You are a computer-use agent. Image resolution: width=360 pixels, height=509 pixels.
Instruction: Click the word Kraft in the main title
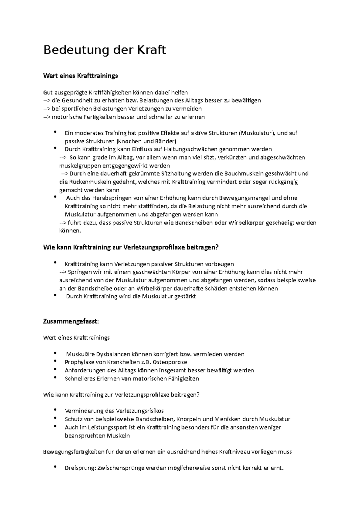[x=151, y=50]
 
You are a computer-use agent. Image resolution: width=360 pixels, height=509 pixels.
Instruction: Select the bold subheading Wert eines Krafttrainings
[x=80, y=76]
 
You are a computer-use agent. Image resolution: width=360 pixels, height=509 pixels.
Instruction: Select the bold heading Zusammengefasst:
[x=71, y=321]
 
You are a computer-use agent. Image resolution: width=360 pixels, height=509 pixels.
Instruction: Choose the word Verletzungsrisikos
[x=140, y=411]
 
